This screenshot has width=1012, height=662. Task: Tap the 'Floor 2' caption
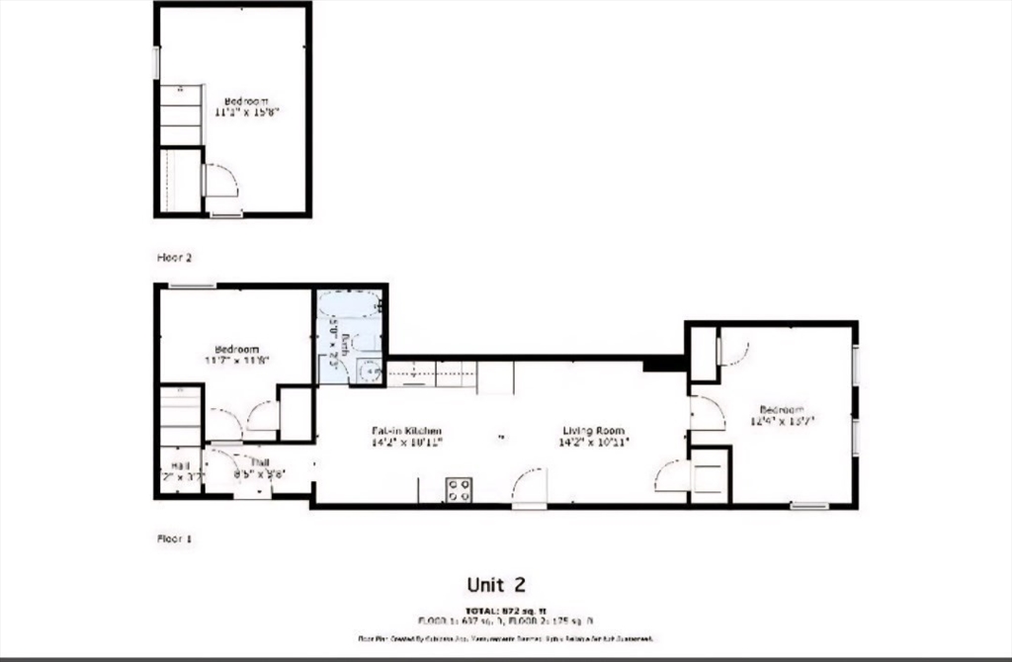pyautogui.click(x=174, y=257)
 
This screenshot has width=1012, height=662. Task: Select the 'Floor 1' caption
pyautogui.click(x=174, y=538)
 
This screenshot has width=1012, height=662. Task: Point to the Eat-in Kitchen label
pyautogui.click(x=406, y=436)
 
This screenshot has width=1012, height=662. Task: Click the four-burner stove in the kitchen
pyautogui.click(x=459, y=490)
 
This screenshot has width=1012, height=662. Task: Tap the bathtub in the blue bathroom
pyautogui.click(x=349, y=303)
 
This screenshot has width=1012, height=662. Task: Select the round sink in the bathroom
pyautogui.click(x=369, y=371)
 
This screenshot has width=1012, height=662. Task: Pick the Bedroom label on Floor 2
pyautogui.click(x=246, y=106)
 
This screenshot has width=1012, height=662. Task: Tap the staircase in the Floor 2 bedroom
pyautogui.click(x=181, y=116)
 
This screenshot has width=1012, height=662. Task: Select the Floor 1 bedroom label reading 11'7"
pyautogui.click(x=237, y=354)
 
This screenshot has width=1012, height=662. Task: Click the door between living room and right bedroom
pyautogui.click(x=705, y=412)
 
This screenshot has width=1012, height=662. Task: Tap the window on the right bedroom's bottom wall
pyautogui.click(x=808, y=506)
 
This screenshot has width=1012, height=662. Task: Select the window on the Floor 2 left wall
pyautogui.click(x=155, y=62)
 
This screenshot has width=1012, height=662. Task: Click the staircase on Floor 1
pyautogui.click(x=181, y=416)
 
